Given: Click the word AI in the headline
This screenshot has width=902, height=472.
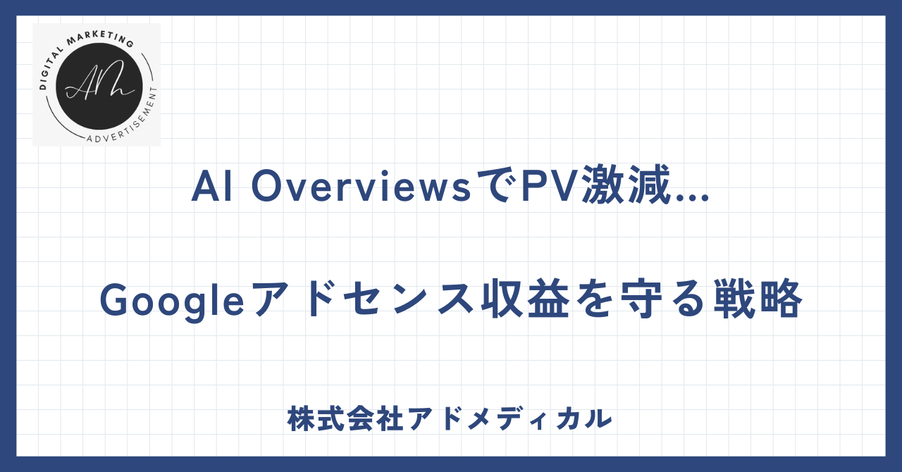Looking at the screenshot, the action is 212,186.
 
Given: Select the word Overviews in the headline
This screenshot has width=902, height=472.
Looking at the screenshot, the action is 362,186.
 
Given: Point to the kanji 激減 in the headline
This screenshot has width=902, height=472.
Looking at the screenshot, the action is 625,185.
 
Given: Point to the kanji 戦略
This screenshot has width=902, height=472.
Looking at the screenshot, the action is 758,299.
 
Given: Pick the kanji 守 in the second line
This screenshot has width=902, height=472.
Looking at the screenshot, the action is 641,299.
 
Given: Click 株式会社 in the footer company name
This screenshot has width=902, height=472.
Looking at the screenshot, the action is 345,419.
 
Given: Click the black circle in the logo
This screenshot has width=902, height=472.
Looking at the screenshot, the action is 99,86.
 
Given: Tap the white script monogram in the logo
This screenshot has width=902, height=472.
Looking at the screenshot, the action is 100,80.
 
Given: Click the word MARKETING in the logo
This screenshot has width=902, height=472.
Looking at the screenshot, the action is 100,38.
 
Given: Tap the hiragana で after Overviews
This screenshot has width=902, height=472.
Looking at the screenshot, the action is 495,186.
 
